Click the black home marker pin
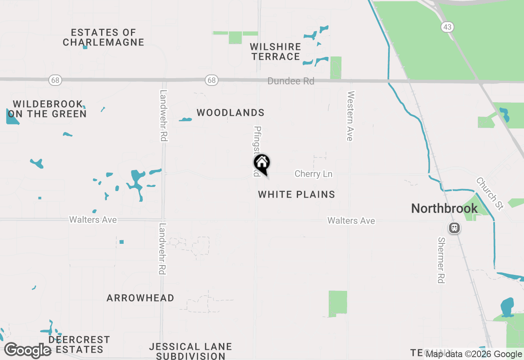pyautogui.click(x=262, y=163)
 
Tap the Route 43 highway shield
pyautogui.click(x=447, y=27)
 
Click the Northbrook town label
pyautogui.click(x=444, y=209)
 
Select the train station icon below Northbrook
pyautogui.click(x=454, y=228)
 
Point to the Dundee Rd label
pyautogui.click(x=291, y=81)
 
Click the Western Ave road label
pyautogui.click(x=350, y=116)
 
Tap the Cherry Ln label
pyautogui.click(x=313, y=174)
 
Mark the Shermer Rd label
pyautogui.click(x=441, y=260)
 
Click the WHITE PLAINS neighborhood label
pyautogui.click(x=296, y=195)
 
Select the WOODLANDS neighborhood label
pyautogui.click(x=230, y=113)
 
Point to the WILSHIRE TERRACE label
pyautogui.click(x=276, y=52)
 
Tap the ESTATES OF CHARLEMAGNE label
pyautogui.click(x=103, y=37)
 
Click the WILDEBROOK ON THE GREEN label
pyautogui.click(x=47, y=109)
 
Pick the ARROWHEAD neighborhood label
pyautogui.click(x=140, y=298)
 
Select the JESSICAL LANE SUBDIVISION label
pyautogui.click(x=190, y=351)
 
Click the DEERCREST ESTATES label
pyautogui.click(x=79, y=344)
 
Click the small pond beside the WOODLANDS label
pyautogui.click(x=185, y=120)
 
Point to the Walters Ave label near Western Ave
pyautogui.click(x=351, y=221)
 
